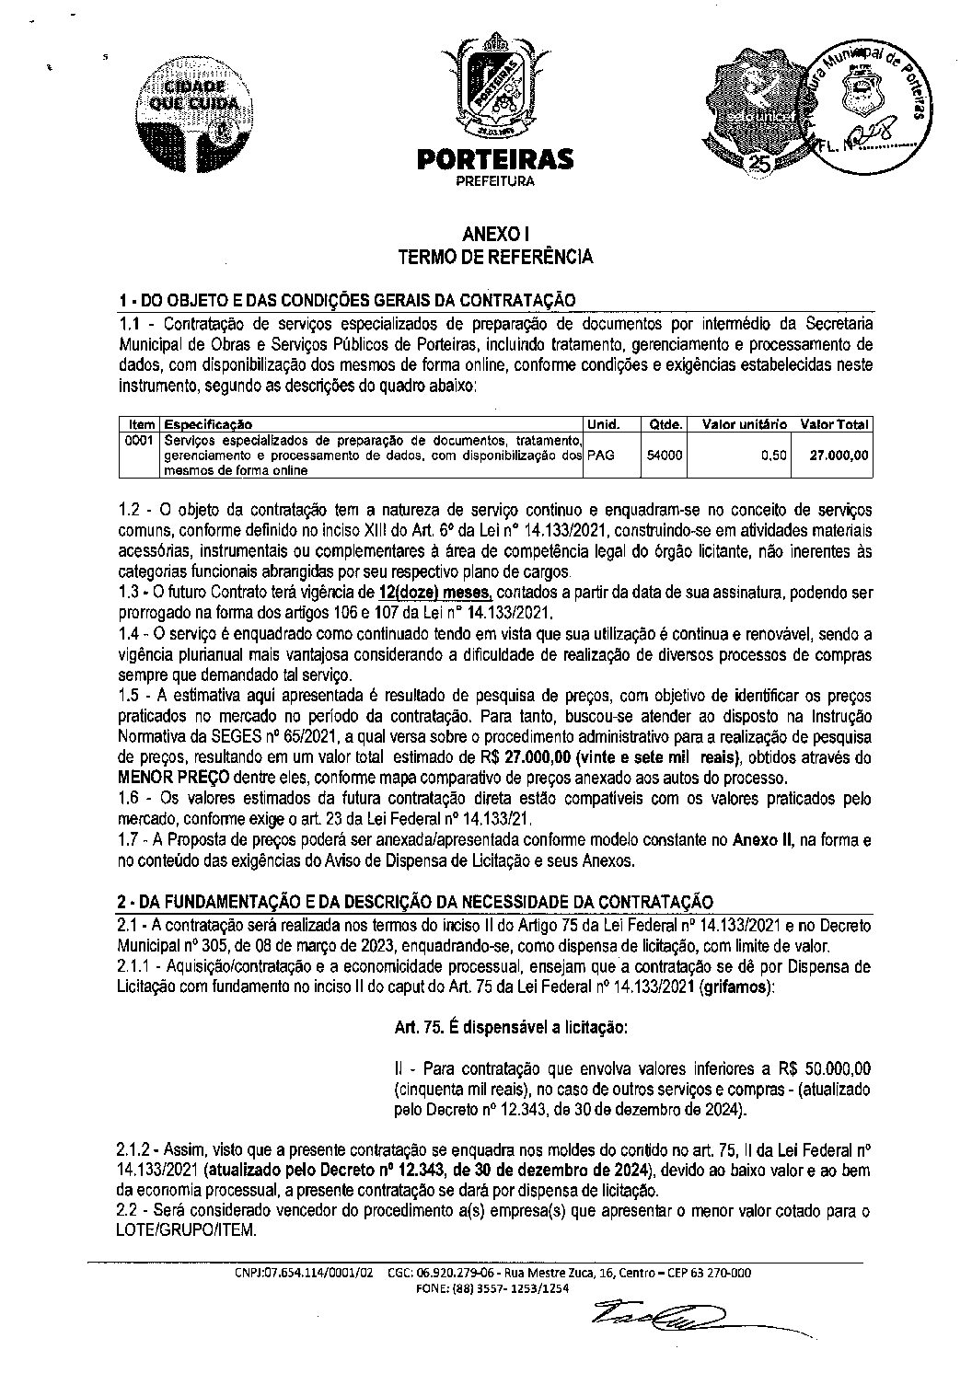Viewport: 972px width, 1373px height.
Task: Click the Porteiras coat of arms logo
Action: [x=495, y=88]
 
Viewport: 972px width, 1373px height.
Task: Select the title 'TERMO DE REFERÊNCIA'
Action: [x=495, y=258]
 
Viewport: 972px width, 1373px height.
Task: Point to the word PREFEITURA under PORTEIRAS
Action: [x=495, y=181]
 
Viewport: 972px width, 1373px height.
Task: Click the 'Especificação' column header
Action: [x=208, y=424]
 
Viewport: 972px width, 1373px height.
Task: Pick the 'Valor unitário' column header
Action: [x=744, y=424]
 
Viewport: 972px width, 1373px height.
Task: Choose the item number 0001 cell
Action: [x=140, y=440]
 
